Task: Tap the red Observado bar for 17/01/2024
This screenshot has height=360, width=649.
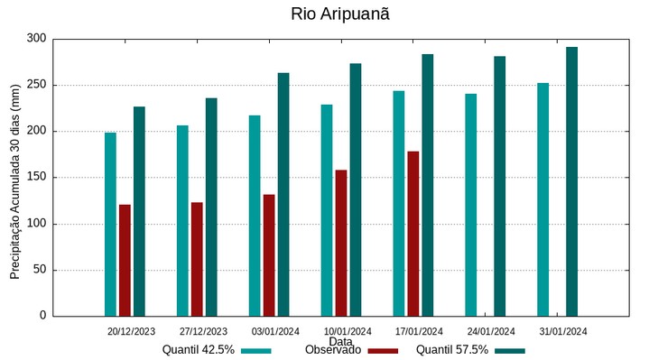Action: coord(413,234)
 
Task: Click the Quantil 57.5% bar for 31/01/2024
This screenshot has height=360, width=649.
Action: coord(571,181)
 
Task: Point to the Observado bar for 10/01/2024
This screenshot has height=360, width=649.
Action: coord(341,243)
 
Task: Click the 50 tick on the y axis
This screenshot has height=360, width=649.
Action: coord(39,270)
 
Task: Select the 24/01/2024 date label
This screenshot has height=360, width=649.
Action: coord(491,331)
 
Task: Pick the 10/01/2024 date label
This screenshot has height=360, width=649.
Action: coord(348,331)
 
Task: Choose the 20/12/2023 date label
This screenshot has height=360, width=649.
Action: coord(131,331)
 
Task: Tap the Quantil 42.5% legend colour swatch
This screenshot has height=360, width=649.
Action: coord(256,350)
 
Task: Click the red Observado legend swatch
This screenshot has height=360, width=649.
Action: coord(384,350)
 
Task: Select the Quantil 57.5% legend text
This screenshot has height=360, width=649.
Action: coord(452,350)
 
